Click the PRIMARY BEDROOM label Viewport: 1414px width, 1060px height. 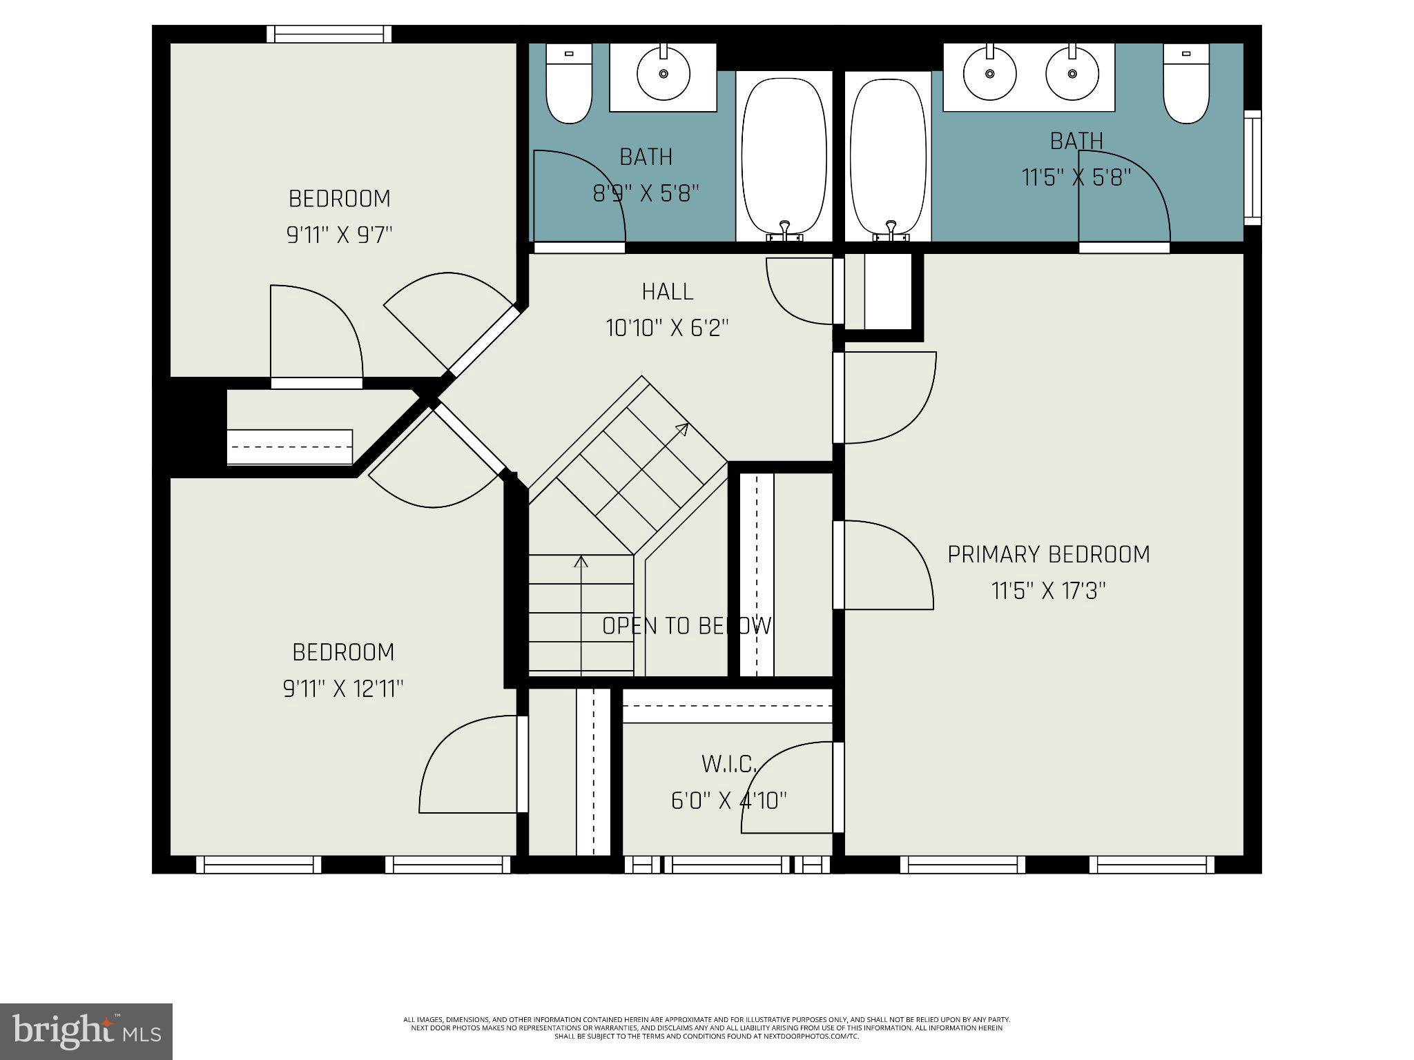pos(1048,555)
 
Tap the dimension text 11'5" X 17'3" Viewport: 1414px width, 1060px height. pos(1048,591)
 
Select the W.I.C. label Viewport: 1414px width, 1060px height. pos(729,764)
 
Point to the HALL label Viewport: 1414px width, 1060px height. pos(667,292)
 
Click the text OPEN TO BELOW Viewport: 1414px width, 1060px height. pos(686,626)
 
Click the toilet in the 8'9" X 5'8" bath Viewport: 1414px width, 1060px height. pos(569,83)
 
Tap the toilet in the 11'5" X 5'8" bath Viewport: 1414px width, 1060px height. pos(1186,83)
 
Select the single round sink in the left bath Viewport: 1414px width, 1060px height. pos(664,73)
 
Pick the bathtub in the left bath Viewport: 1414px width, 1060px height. pos(784,157)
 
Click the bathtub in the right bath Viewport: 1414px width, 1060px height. pos(887,157)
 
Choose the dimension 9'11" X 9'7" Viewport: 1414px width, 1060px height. pos(339,235)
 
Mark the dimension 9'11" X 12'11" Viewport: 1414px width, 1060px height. pos(343,689)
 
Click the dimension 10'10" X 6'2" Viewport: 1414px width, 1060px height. pos(667,328)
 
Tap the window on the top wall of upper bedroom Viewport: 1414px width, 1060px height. pos(329,34)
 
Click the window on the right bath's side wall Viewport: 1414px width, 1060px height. pos(1252,168)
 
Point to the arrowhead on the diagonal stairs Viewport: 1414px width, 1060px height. pos(682,429)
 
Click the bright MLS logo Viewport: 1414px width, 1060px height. pos(86,1031)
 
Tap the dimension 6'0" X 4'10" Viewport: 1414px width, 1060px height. pos(729,801)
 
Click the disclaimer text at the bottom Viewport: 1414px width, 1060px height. pos(706,1028)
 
